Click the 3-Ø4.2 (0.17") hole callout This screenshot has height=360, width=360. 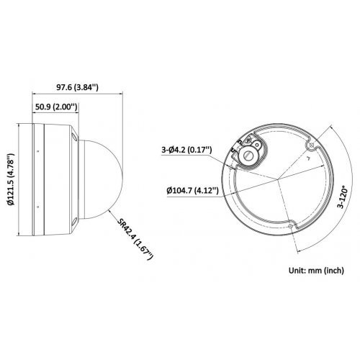(186, 150)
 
